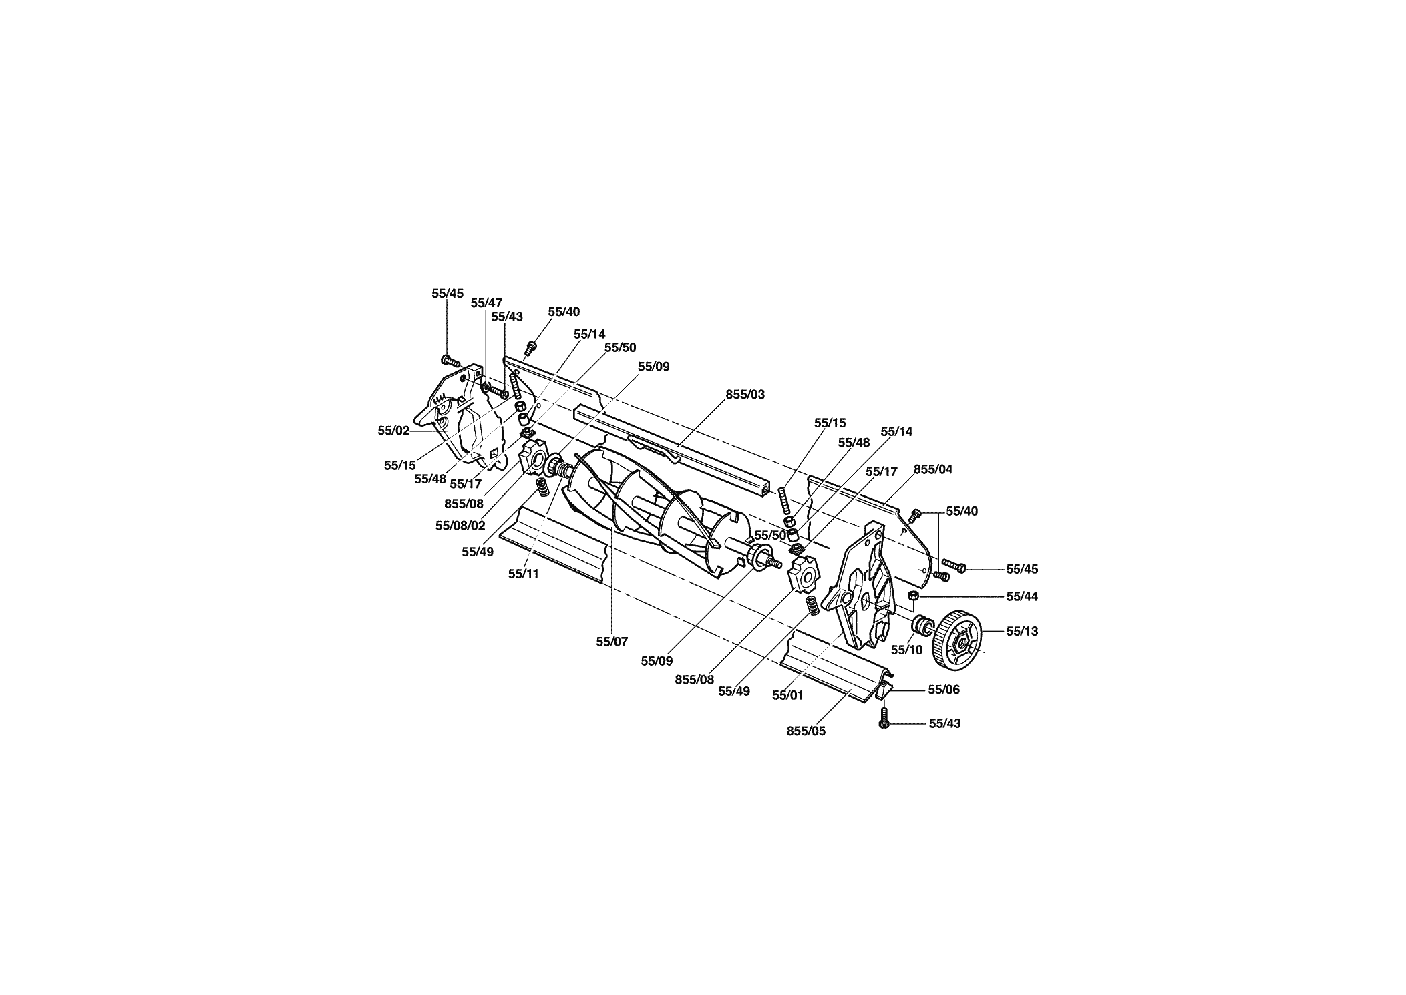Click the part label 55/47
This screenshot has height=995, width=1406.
486,303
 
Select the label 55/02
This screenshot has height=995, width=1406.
393,431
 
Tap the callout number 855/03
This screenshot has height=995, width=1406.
745,395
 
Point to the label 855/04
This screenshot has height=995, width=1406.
933,469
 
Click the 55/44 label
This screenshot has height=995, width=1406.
1022,596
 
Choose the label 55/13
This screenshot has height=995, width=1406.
1022,631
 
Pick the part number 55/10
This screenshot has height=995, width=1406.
907,650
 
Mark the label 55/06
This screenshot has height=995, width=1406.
944,690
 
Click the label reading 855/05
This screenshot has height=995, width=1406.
806,731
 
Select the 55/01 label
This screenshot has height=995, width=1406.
787,695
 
